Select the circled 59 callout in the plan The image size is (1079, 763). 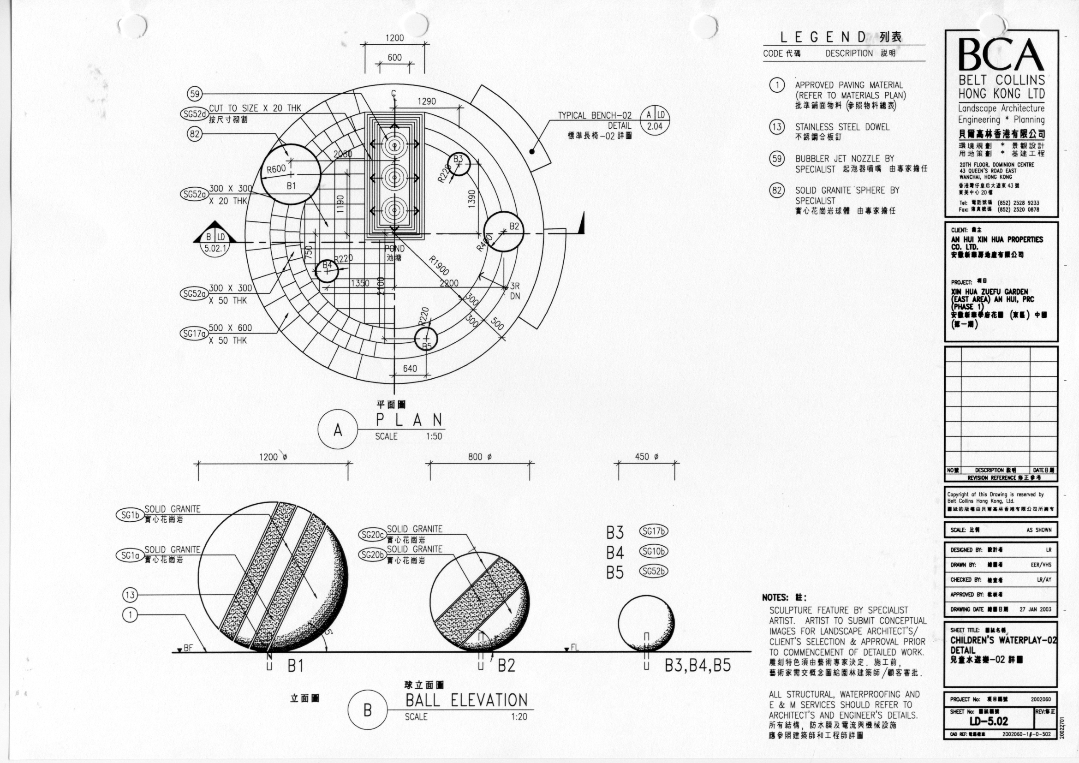tap(195, 94)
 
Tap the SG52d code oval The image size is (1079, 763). tap(194, 113)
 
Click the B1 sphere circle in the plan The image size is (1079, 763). tap(291, 174)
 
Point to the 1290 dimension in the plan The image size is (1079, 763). tap(426, 101)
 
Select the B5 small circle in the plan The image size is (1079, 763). tap(426, 339)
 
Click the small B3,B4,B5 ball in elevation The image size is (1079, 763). tap(646, 625)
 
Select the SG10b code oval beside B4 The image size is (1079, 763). tap(654, 552)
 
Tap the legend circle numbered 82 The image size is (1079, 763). tap(777, 190)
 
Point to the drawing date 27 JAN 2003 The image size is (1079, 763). tap(1035, 609)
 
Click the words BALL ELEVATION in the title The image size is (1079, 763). tap(466, 701)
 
